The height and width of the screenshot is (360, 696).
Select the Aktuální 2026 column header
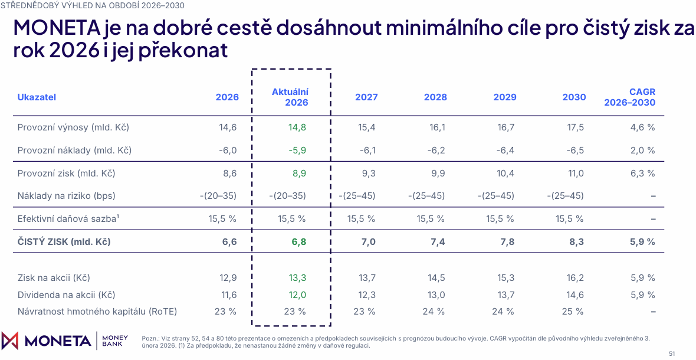(290, 97)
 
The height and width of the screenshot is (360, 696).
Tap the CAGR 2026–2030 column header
(630, 97)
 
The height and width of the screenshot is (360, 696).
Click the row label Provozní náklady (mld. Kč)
(74, 150)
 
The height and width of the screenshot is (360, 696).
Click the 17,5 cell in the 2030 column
(575, 127)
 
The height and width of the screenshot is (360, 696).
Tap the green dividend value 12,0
(296, 294)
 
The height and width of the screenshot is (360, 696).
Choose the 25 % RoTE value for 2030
(573, 311)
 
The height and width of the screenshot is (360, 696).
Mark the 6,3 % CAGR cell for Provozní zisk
(643, 173)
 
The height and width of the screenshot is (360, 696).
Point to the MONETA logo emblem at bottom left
(10, 341)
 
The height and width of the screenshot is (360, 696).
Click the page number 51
(672, 354)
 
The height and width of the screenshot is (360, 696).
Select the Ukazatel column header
(37, 97)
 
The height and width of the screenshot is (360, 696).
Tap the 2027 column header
(366, 97)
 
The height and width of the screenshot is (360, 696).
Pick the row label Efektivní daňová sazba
(69, 218)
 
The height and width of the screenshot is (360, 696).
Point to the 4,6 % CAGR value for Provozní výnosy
(643, 127)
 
